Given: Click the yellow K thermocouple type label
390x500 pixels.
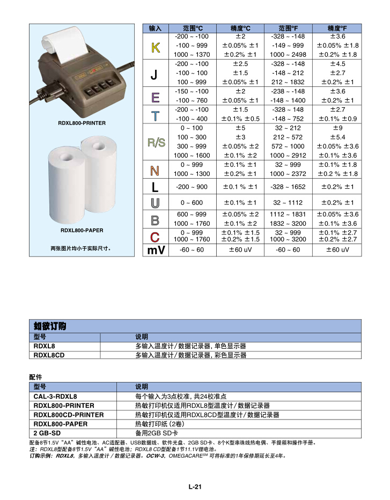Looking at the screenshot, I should point(154,48).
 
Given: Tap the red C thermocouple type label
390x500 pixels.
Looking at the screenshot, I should point(154,236).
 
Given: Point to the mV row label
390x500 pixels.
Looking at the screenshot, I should point(155,251).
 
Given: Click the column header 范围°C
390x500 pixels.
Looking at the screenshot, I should point(192,28).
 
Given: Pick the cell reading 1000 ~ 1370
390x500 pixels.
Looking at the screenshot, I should point(192,55).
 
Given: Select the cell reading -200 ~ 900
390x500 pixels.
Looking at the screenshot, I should point(192,187).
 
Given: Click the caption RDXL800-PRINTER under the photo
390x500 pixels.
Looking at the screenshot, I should point(82,123).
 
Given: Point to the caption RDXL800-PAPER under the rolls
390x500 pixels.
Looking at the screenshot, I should point(82,231).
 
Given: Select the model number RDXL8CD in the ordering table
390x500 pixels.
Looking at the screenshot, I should point(49,355).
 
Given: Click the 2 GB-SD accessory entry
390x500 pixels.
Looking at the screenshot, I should point(47,433).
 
